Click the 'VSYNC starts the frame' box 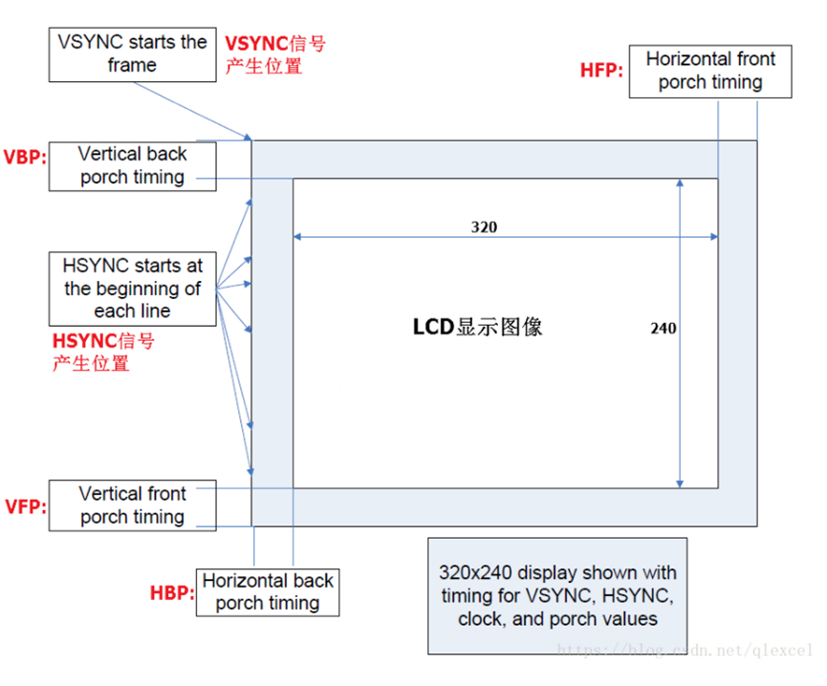132,54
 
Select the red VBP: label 25,157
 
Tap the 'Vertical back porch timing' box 132,166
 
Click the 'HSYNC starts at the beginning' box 132,288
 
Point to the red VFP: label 25,506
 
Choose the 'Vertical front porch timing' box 132,505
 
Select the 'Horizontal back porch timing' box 268,592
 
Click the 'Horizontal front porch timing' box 710,71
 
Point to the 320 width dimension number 484,227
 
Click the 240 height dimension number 664,328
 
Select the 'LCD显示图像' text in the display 478,327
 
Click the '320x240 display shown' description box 557,595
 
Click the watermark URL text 684,650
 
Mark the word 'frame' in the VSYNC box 132,65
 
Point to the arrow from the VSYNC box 191,110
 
